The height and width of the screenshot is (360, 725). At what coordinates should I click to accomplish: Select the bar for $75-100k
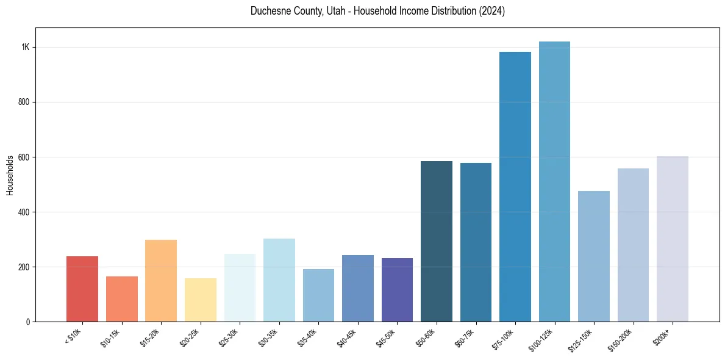point(515,187)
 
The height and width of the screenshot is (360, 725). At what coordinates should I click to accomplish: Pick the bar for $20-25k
point(201,300)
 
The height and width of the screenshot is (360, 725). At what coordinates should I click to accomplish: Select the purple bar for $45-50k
point(397,290)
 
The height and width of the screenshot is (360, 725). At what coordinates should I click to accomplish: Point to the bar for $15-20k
point(161,281)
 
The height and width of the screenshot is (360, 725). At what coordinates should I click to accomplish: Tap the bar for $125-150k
point(594,256)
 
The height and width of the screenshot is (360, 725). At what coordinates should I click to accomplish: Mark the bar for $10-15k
point(122,299)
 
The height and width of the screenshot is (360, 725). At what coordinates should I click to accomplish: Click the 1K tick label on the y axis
point(26,48)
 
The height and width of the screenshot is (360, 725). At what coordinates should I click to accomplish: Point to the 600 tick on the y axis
point(24,157)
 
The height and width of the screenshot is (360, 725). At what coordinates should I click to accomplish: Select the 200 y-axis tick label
point(24,267)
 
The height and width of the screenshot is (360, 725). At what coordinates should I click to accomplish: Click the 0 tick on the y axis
point(28,322)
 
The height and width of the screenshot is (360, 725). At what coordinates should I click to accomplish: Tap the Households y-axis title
point(10,175)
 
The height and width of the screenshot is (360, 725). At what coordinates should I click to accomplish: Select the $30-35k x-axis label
point(268,337)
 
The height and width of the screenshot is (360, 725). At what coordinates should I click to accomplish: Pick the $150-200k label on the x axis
point(620,339)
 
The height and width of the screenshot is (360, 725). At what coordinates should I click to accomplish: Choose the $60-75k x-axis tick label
point(465,337)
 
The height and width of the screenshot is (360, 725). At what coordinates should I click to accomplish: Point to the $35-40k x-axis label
point(308,337)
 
